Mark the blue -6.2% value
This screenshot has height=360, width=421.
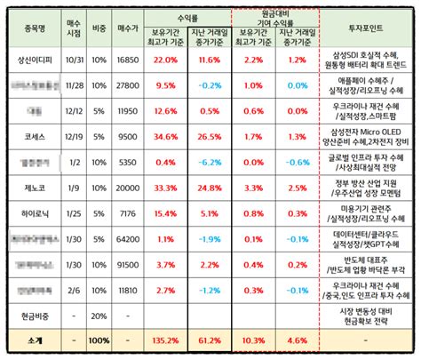(x=210, y=164)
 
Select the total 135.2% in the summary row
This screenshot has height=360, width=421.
(x=166, y=340)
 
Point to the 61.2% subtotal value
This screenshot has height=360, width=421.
(x=210, y=340)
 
